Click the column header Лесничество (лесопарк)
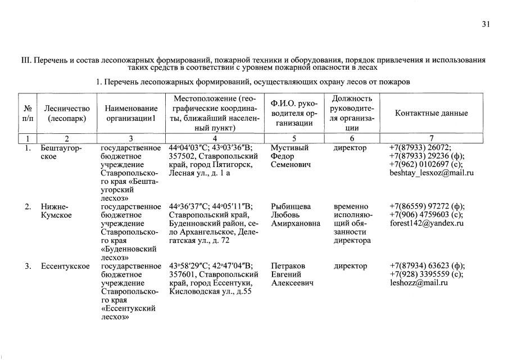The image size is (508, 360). [67, 113]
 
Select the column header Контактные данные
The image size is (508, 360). [431, 113]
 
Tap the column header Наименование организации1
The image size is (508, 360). [130, 113]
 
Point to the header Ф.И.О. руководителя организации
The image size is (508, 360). [294, 113]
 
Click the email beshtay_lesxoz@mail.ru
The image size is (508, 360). [431, 173]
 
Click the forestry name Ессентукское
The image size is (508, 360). [65, 265]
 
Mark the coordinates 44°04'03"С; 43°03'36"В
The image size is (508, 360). [211, 148]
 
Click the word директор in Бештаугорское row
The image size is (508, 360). [350, 148]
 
